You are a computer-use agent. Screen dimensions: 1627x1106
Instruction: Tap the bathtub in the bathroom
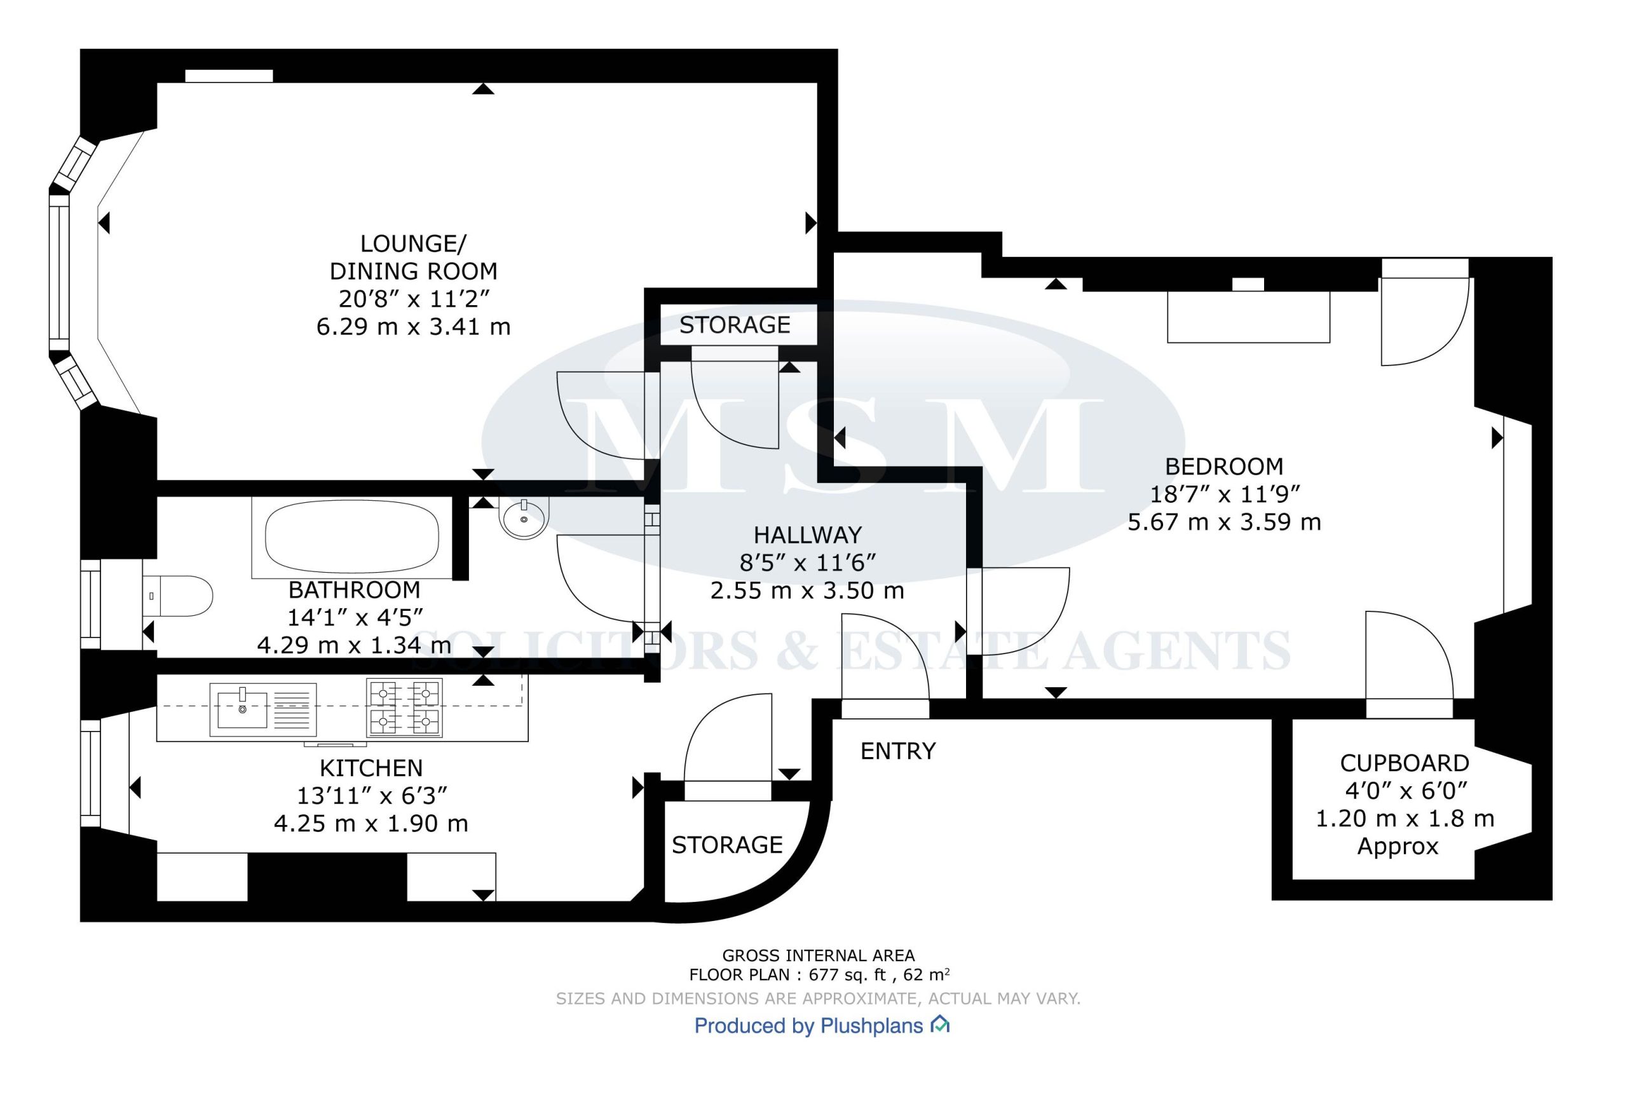[352, 538]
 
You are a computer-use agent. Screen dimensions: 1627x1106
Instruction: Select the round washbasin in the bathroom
[522, 517]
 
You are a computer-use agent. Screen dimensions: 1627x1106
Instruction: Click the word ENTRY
[897, 751]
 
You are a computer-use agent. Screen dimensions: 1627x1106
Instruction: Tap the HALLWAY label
[807, 535]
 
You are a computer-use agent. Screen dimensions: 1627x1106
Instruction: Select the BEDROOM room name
[1225, 466]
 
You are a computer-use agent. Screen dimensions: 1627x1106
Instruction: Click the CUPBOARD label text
[1405, 763]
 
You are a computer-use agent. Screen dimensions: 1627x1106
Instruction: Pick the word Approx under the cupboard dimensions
[1398, 847]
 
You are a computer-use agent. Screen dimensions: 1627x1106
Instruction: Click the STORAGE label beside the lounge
[735, 325]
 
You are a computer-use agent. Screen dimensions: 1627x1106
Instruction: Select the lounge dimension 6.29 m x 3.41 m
[414, 327]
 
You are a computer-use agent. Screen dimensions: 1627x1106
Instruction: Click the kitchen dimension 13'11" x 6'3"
[372, 796]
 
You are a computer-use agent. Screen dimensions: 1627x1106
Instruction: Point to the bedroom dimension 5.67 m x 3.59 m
[1225, 522]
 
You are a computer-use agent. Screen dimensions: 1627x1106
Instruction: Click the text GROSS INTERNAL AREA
[819, 955]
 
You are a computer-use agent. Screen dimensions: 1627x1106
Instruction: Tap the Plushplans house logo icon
[939, 1025]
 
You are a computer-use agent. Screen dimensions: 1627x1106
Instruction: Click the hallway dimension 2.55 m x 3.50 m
[807, 591]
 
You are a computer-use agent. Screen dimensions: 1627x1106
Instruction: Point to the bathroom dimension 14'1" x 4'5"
[355, 617]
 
